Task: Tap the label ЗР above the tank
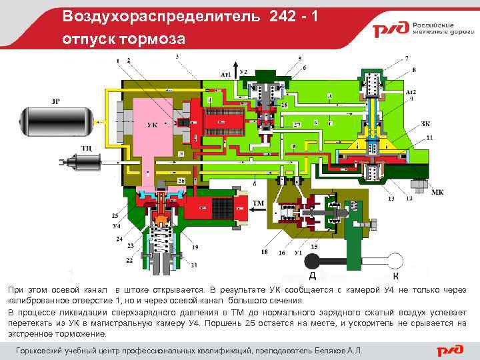[55, 101]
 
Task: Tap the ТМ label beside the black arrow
[257, 204]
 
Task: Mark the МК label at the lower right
[437, 192]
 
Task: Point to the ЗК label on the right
[425, 124]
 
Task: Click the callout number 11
[429, 137]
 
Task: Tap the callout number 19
[195, 247]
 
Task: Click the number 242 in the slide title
[285, 15]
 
